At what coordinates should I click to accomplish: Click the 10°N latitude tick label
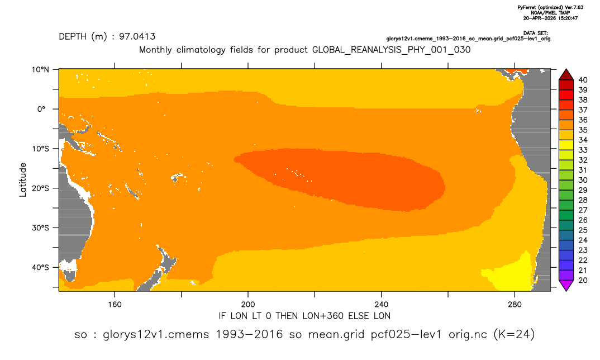pos(41,70)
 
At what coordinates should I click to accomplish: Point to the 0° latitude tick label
pos(41,109)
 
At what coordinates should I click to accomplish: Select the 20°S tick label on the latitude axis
pos(41,188)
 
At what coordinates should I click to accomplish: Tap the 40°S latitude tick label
pos(41,267)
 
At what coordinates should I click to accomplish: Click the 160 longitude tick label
pos(115,305)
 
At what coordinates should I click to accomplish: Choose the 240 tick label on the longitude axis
pos(382,305)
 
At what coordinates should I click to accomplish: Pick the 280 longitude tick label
pos(515,305)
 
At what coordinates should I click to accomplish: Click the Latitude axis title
pos(23,180)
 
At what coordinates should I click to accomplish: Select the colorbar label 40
pos(583,80)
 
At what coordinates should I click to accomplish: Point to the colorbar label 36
pos(583,120)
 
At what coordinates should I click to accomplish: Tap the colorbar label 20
pos(583,280)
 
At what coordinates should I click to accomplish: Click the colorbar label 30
pos(583,180)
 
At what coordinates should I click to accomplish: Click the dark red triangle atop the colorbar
pos(566,75)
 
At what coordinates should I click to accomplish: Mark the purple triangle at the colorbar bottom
pos(566,285)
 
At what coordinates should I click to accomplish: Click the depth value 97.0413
pos(137,36)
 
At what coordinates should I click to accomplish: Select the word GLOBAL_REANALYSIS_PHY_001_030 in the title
pos(392,50)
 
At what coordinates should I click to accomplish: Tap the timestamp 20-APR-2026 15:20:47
pos(551,18)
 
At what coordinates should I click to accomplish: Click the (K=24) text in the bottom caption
pos(514,334)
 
